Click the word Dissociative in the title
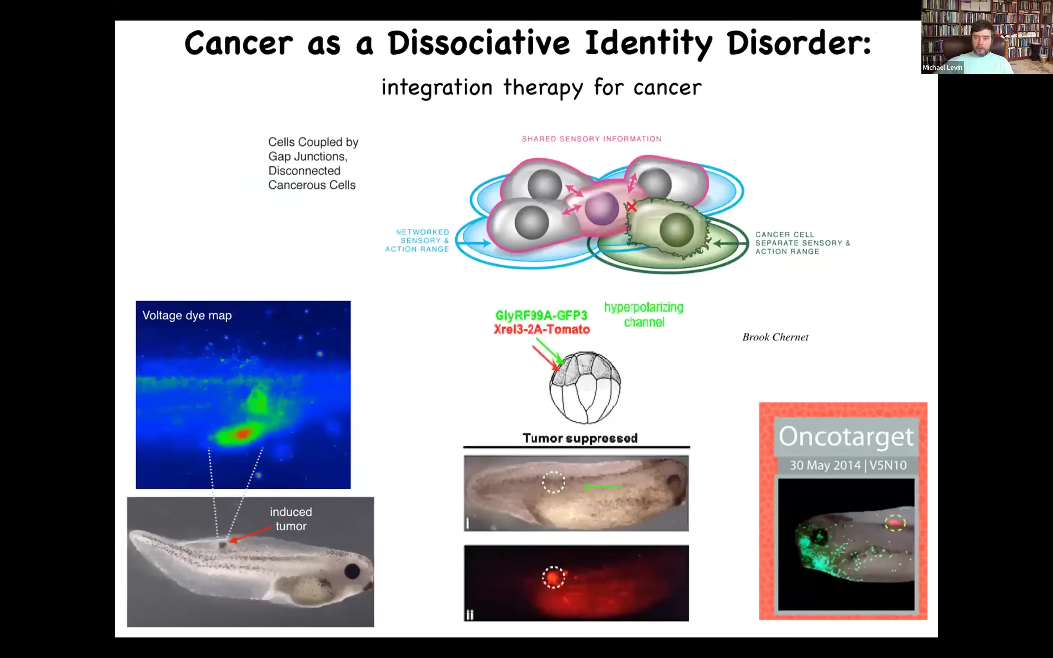pyautogui.click(x=479, y=43)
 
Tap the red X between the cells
pyautogui.click(x=632, y=207)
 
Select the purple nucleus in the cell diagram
pyautogui.click(x=602, y=209)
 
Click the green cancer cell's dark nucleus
pyautogui.click(x=676, y=230)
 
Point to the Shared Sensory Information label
pyautogui.click(x=591, y=139)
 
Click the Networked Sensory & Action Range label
pyautogui.click(x=417, y=240)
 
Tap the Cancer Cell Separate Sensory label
pyautogui.click(x=803, y=243)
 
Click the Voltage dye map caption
pyautogui.click(x=187, y=315)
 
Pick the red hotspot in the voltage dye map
pyautogui.click(x=242, y=433)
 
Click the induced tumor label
pyautogui.click(x=291, y=519)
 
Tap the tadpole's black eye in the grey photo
pyautogui.click(x=352, y=571)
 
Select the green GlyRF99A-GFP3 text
pyautogui.click(x=541, y=315)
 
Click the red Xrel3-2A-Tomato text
pyautogui.click(x=542, y=329)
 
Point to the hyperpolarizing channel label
pyautogui.click(x=644, y=315)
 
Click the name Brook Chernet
pyautogui.click(x=775, y=337)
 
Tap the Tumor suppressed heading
pyautogui.click(x=580, y=438)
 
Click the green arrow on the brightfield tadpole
pyautogui.click(x=602, y=487)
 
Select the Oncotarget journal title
pyautogui.click(x=846, y=437)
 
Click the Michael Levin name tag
pyautogui.click(x=942, y=68)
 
